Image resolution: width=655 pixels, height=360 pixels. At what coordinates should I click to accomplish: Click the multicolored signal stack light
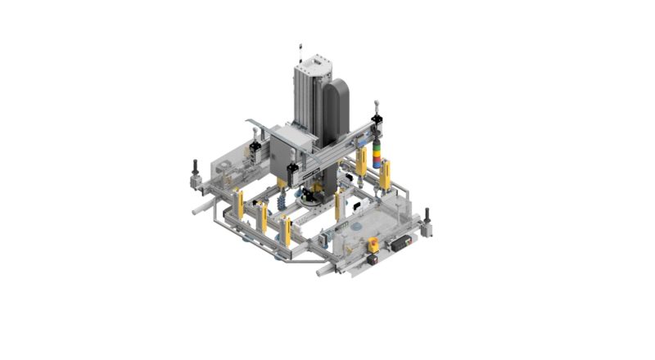pos(377,154)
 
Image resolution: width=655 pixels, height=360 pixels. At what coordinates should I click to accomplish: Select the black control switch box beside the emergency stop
pos(402,243)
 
